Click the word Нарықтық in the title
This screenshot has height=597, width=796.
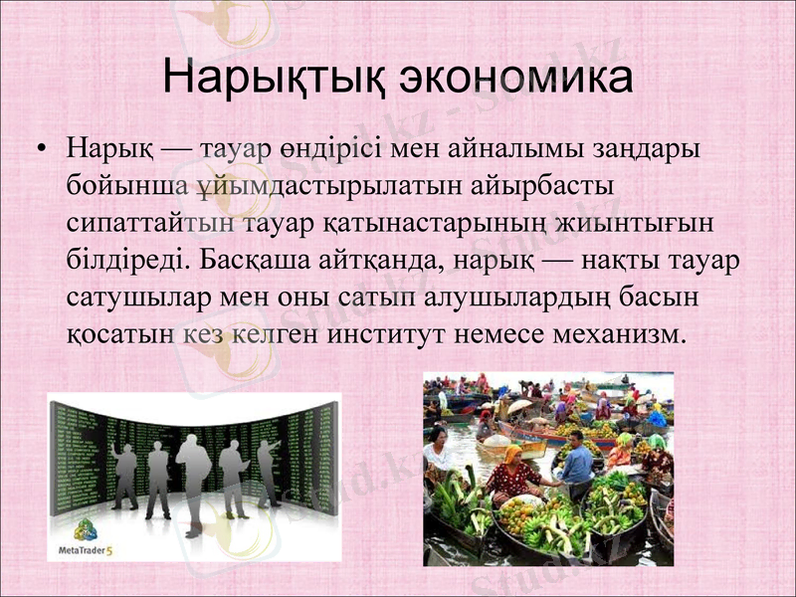[x=271, y=78]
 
